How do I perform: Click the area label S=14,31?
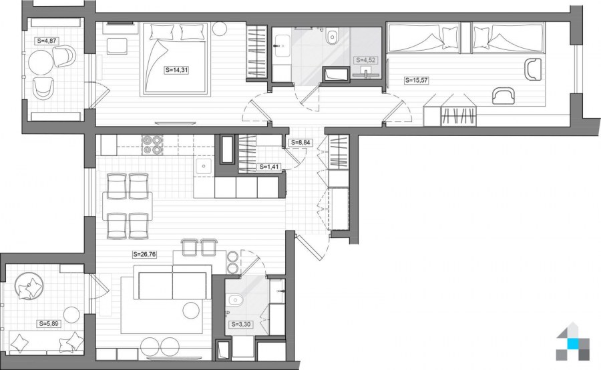tap(177, 70)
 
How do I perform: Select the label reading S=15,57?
tap(417, 81)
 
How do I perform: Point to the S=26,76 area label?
tap(144, 254)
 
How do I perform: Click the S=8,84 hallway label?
tap(300, 143)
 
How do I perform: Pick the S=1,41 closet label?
tap(268, 167)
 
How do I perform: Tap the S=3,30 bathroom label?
tap(241, 325)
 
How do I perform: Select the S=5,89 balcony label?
tap(49, 324)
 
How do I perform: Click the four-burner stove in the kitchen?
tap(152, 145)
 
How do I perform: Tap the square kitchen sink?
tap(204, 167)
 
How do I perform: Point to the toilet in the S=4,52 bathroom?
tap(333, 37)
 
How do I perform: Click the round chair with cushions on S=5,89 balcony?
tap(29, 286)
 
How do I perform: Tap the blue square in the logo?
tap(573, 344)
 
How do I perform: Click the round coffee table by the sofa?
tap(191, 310)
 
